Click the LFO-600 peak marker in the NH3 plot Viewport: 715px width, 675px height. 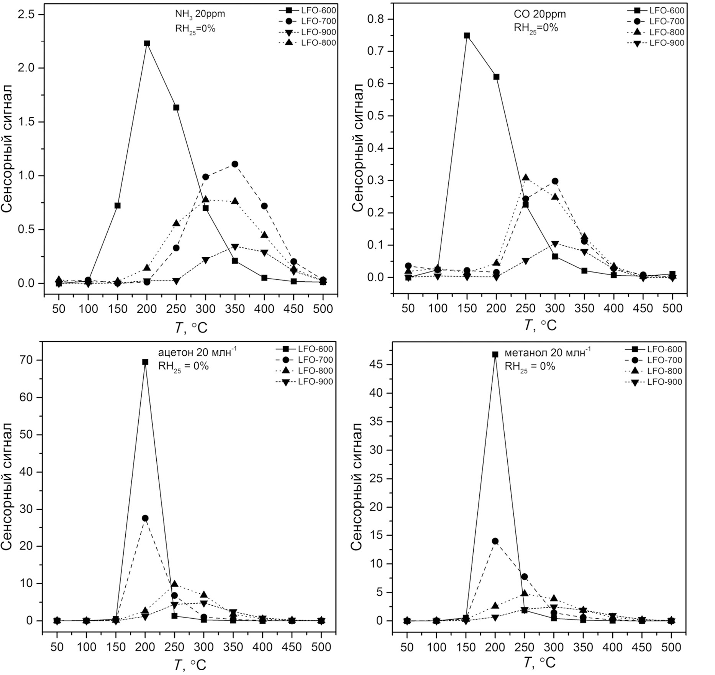[147, 43]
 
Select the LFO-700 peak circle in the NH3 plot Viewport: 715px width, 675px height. [235, 164]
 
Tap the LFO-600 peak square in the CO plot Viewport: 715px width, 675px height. [467, 35]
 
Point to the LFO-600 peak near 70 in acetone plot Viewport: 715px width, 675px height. [145, 362]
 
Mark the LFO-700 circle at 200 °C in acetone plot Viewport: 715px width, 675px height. [145, 518]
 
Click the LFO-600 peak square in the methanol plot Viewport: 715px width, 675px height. [495, 355]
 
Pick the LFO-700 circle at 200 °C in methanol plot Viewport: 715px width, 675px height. [495, 541]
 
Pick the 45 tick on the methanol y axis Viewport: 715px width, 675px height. [377, 365]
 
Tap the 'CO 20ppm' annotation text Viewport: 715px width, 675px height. [539, 15]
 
